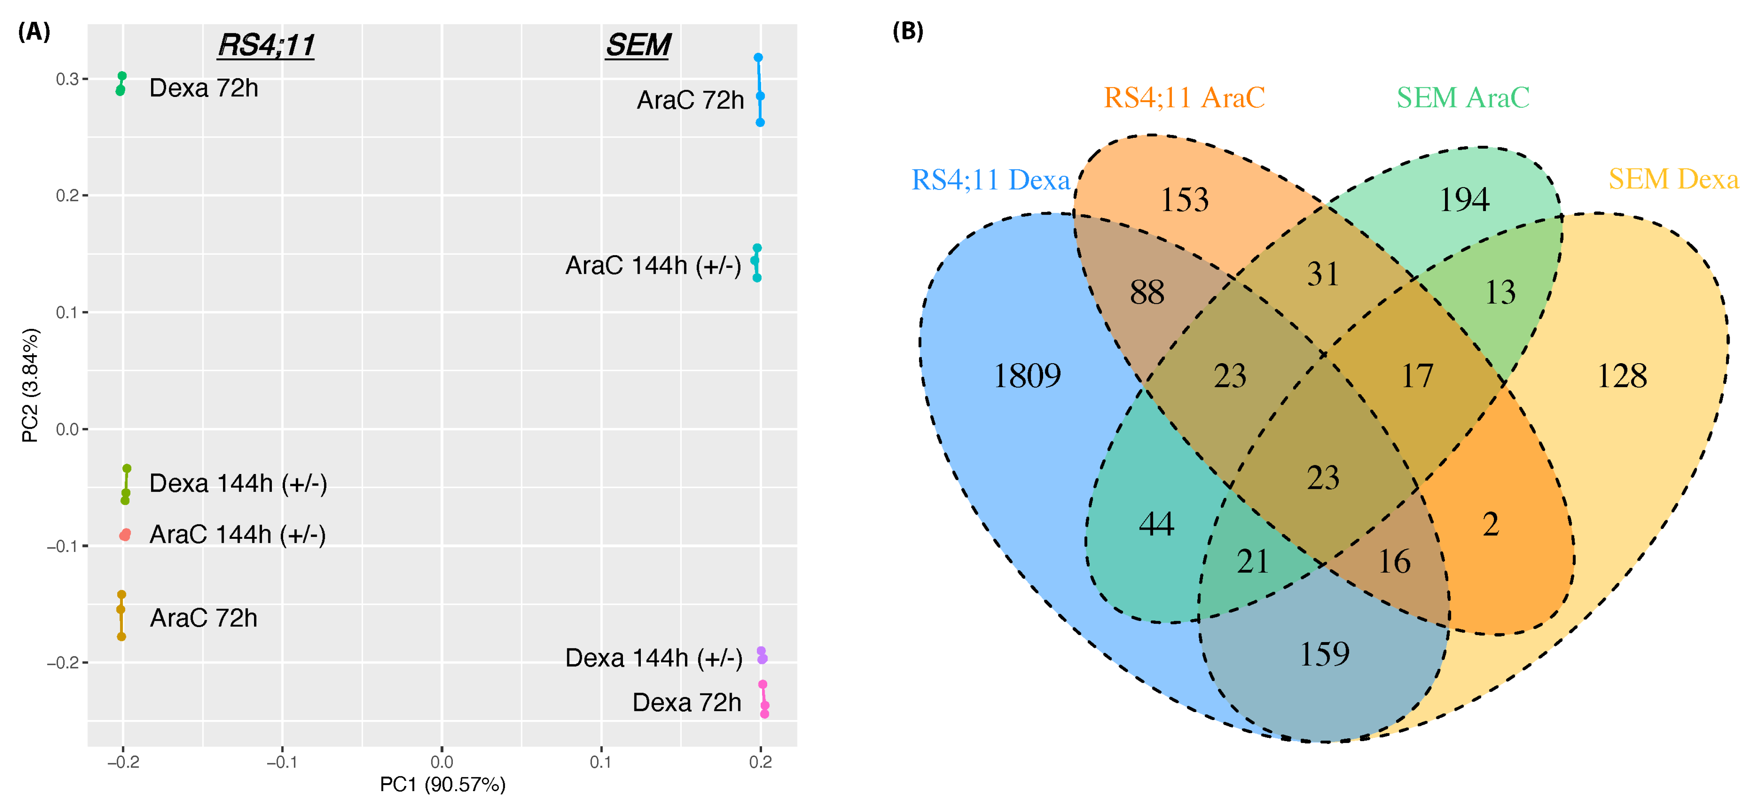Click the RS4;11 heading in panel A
(266, 45)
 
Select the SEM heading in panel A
(638, 45)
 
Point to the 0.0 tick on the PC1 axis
(441, 762)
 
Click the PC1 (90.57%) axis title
(442, 784)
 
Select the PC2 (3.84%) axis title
(30, 385)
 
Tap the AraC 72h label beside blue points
(690, 101)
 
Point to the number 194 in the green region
(1464, 200)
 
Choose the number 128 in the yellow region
(1621, 376)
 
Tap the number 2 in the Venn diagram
(1491, 524)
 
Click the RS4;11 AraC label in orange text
(1184, 98)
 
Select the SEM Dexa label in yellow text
(1673, 179)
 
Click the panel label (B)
(908, 31)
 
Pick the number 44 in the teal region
(1157, 524)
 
